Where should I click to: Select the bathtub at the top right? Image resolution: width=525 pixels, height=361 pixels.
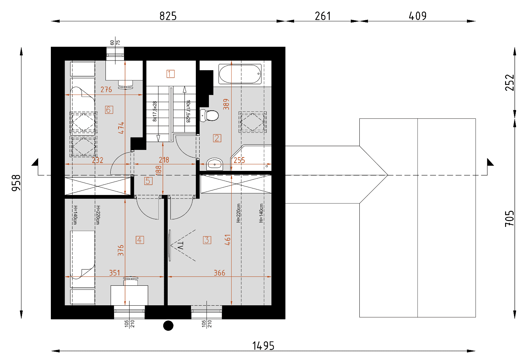(x=240, y=74)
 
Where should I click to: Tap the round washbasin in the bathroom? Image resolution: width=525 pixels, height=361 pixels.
(x=215, y=164)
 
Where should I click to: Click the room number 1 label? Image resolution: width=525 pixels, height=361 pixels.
(x=170, y=74)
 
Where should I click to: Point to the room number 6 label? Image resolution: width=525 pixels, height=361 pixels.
(x=109, y=110)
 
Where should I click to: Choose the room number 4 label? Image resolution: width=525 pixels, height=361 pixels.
(x=140, y=240)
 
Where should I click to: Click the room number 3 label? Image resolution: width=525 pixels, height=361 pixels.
(x=207, y=240)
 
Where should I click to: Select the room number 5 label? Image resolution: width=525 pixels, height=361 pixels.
(x=148, y=181)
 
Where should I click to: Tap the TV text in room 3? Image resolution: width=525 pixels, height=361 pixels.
(x=180, y=245)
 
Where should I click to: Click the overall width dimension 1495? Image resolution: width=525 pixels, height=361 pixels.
(x=263, y=346)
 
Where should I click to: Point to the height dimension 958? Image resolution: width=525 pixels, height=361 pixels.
(x=16, y=183)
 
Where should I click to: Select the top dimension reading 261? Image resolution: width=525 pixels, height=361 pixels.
(x=323, y=16)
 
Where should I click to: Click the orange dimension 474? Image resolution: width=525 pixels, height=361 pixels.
(x=121, y=128)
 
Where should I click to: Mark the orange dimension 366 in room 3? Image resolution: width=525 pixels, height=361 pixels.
(x=219, y=273)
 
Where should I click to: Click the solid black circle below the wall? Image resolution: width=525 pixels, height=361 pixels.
(x=168, y=326)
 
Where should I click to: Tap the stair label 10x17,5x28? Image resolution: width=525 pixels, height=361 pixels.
(x=188, y=111)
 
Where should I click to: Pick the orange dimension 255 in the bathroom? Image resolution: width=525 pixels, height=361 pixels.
(x=239, y=160)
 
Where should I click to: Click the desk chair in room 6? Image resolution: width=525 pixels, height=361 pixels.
(x=126, y=85)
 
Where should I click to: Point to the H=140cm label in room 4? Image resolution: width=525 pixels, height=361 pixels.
(x=75, y=215)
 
